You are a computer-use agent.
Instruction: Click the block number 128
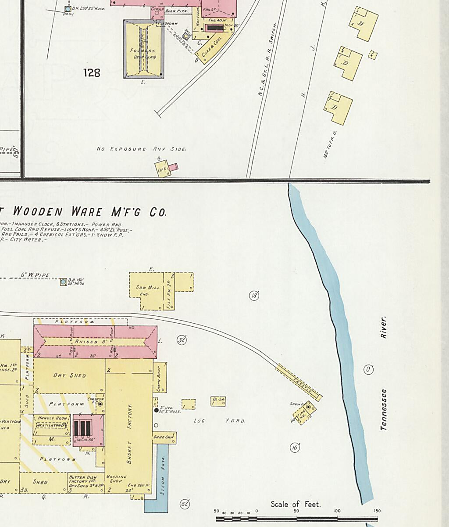pos(92,73)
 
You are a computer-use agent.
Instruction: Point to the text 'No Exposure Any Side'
pos(141,149)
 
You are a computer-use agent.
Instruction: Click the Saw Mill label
pos(148,288)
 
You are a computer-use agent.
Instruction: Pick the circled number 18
pos(254,296)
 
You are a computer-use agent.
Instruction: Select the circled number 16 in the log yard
pos(295,448)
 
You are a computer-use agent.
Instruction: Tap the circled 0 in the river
pos(369,370)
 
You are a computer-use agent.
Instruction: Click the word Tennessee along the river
pos(384,409)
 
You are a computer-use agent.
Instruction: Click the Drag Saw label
pos(164,437)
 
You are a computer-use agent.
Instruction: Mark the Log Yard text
pos(219,421)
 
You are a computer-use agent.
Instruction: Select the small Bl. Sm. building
pos(218,401)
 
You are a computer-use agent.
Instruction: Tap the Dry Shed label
pos(69,375)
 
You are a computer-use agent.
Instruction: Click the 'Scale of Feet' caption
pos(296,504)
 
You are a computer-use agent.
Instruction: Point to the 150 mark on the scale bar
pos(377,511)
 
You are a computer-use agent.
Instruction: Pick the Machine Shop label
pos(116,480)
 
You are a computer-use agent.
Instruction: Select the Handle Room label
pos(52,418)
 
